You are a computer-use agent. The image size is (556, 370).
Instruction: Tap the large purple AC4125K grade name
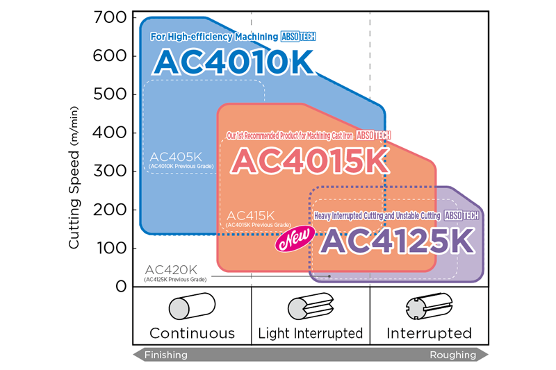[398, 241]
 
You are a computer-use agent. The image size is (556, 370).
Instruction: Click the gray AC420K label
[171, 269]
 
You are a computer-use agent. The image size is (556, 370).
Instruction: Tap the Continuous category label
[192, 333]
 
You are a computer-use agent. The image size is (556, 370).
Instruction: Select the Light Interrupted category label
[310, 333]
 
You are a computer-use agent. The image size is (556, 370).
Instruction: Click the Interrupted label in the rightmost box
[429, 333]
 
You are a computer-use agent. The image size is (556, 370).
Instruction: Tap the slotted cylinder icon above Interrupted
[428, 308]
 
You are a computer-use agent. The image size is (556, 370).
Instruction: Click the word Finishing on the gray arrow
[165, 355]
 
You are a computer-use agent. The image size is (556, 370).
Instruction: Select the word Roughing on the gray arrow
[453, 355]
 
